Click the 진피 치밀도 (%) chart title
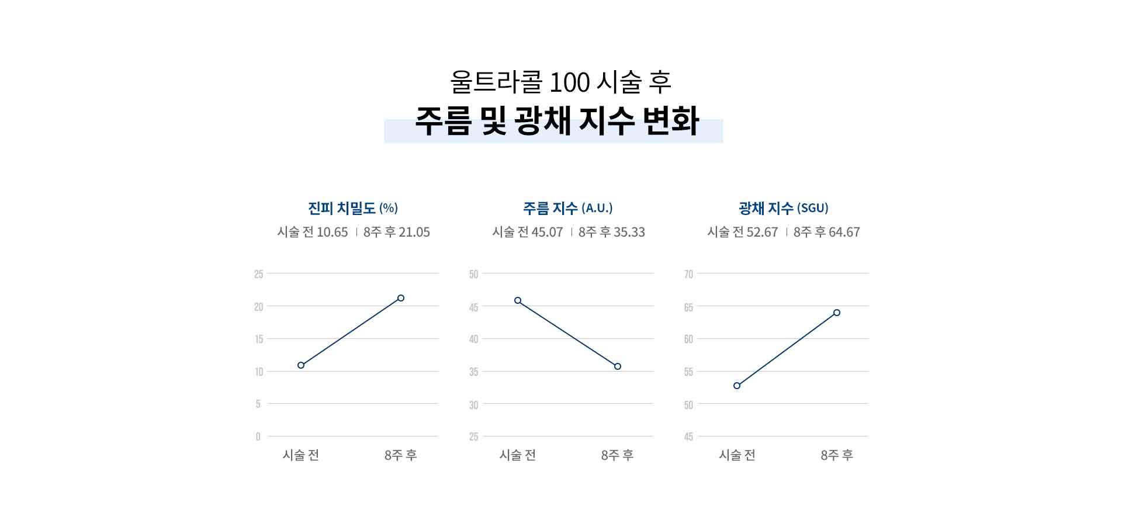coord(352,208)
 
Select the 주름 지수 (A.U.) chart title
coord(567,208)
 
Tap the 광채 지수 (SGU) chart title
coord(783,208)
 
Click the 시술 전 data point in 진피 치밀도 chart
coord(301,365)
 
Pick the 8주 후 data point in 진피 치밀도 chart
coord(401,298)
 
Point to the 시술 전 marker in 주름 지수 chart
coord(518,300)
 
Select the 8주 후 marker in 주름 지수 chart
coord(618,366)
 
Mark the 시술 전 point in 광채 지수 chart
coord(737,386)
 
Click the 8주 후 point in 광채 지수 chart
coord(837,313)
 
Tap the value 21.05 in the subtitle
coord(414,233)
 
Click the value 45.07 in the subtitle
coord(547,233)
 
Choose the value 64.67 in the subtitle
coord(844,233)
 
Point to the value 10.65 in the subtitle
coord(332,233)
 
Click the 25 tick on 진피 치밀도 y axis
coord(259,274)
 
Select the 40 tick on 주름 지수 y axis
coord(473,340)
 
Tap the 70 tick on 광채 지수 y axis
coord(688,274)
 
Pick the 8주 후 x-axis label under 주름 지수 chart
coord(617,455)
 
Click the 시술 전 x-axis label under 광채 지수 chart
coord(737,455)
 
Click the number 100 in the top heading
coord(570,83)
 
